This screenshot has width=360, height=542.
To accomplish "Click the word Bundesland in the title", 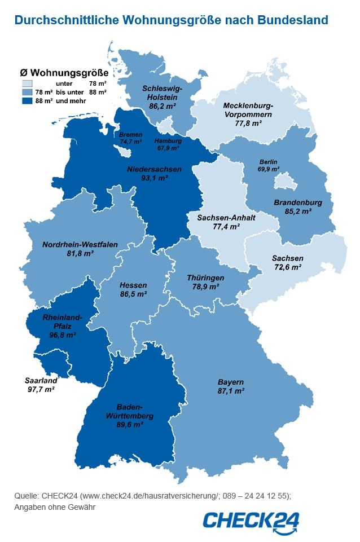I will [x=293, y=20].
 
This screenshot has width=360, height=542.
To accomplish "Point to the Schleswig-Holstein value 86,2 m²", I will [x=161, y=105].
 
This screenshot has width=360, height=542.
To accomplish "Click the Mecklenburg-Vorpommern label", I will [x=248, y=110].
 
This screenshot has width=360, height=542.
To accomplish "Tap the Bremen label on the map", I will [x=130, y=135].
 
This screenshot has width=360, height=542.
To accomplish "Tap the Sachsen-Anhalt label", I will [x=218, y=217].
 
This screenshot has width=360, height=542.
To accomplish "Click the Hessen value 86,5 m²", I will [x=133, y=294].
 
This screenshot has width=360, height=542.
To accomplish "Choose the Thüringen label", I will [x=205, y=278].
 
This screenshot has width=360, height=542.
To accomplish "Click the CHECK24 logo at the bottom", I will [x=251, y=520].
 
